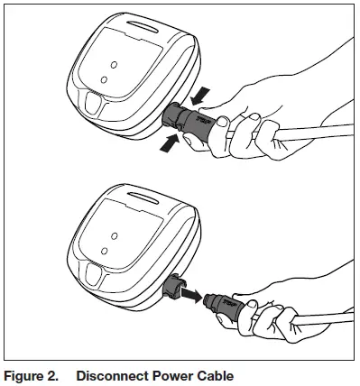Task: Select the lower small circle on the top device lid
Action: pyautogui.click(x=102, y=79)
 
